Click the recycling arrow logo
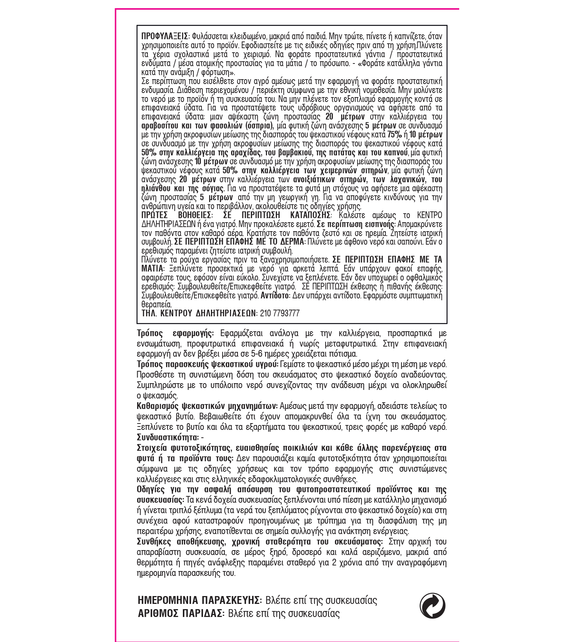(x=432, y=606)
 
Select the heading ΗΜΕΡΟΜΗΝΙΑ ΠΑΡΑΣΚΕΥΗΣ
(x=199, y=601)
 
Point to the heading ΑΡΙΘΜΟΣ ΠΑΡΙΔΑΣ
(x=181, y=614)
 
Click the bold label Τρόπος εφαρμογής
(x=175, y=334)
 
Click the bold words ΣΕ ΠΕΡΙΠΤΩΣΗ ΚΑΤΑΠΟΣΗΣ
(x=277, y=215)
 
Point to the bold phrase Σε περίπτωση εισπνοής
(x=356, y=224)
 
